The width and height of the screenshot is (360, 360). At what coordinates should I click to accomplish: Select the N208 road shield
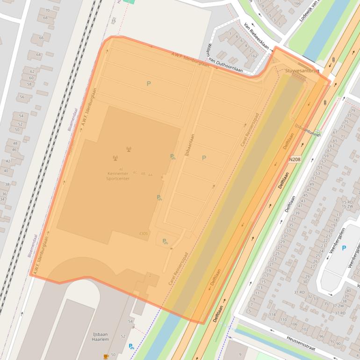pyautogui.click(x=295, y=159)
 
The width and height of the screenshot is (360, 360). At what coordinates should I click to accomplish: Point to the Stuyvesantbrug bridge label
pyautogui.click(x=302, y=71)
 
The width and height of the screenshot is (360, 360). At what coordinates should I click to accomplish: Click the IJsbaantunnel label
pyautogui.click(x=307, y=130)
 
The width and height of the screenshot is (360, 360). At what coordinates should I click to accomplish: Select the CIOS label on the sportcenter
pyautogui.click(x=144, y=233)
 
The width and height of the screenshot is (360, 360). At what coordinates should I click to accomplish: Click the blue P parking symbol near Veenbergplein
pyautogui.click(x=344, y=248)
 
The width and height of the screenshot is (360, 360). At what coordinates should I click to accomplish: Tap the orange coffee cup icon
pyautogui.click(x=106, y=356)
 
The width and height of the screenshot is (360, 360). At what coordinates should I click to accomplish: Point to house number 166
pyautogui.click(x=296, y=4)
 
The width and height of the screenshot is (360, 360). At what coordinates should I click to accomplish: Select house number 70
pyautogui.click(x=46, y=10)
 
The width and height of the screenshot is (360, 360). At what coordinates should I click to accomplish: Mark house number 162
pyautogui.click(x=254, y=56)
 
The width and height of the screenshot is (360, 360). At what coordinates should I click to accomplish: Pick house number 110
pyautogui.click(x=283, y=319)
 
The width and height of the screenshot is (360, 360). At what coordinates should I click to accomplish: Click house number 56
pyautogui.click(x=22, y=97)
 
